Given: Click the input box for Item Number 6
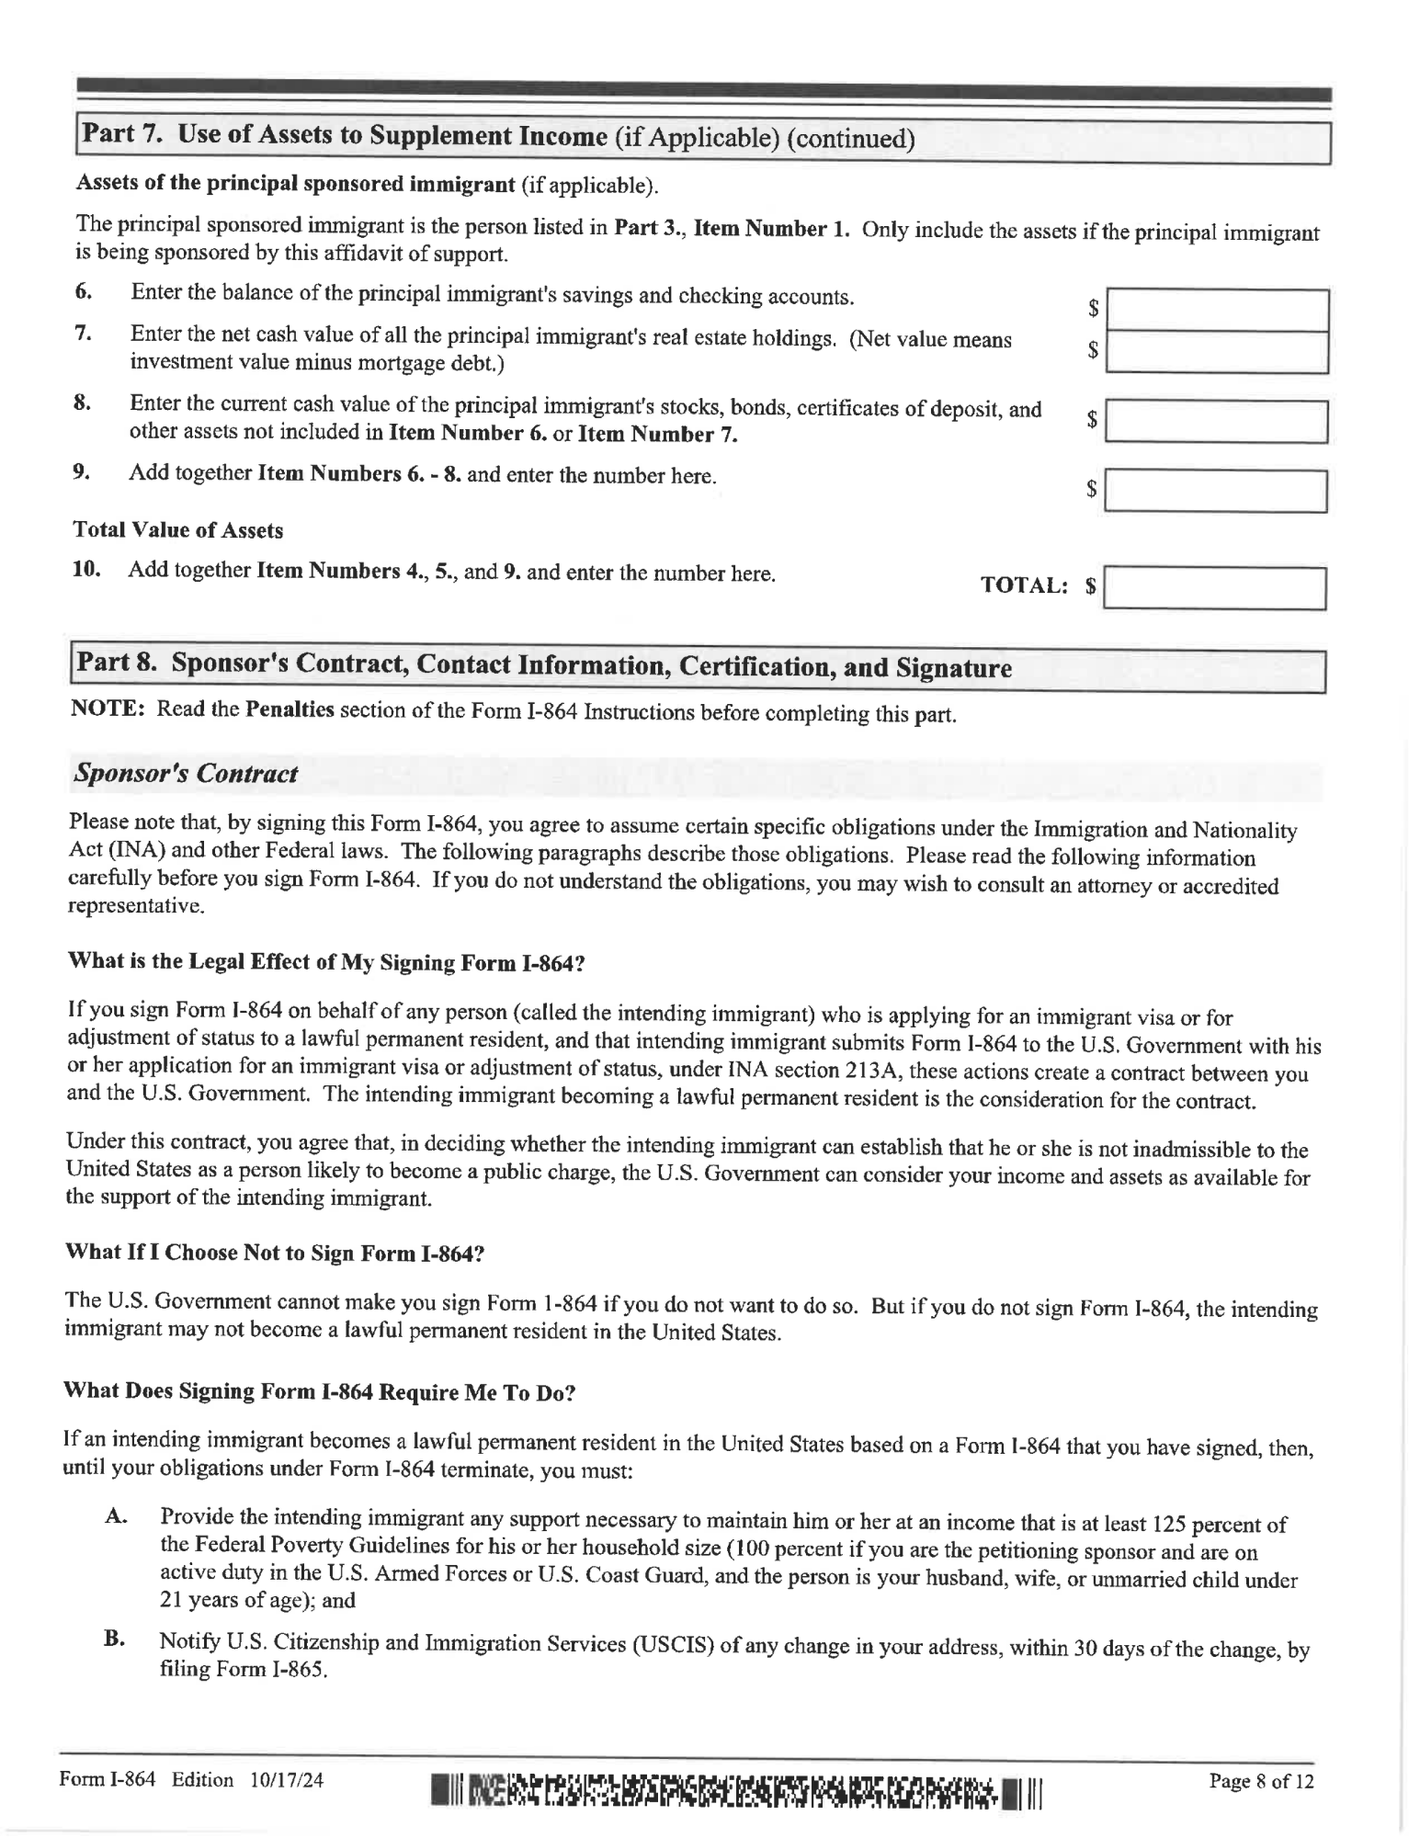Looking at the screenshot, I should pyautogui.click(x=1217, y=310).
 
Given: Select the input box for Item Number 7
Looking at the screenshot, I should pyautogui.click(x=1217, y=351).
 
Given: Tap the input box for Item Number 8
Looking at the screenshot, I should pyautogui.click(x=1216, y=421).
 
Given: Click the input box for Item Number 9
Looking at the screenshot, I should pyautogui.click(x=1215, y=491).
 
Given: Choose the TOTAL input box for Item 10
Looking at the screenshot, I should pyautogui.click(x=1214, y=588).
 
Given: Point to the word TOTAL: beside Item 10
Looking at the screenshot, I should pyautogui.click(x=1024, y=585).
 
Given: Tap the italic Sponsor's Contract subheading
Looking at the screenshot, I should pyautogui.click(x=185, y=774).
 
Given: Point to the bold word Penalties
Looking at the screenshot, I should pyautogui.click(x=290, y=710).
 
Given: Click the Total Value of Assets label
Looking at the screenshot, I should pyautogui.click(x=177, y=530).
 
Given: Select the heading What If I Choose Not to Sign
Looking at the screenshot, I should pyautogui.click(x=274, y=1254).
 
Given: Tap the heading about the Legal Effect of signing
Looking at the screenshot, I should pyautogui.click(x=326, y=962).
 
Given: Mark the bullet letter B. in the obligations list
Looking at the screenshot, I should pyautogui.click(x=114, y=1639).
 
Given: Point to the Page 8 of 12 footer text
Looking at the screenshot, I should pyautogui.click(x=1261, y=1781).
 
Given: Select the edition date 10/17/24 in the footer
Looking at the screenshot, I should pyautogui.click(x=286, y=1780).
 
